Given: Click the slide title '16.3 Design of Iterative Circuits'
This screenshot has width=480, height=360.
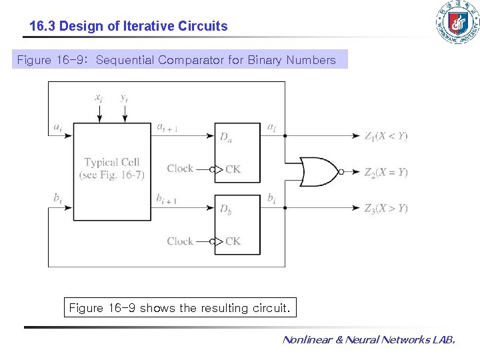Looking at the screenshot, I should (129, 27).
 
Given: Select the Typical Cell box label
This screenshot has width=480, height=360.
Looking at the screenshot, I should (111, 168).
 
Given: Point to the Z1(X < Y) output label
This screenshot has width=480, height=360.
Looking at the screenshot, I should (386, 136).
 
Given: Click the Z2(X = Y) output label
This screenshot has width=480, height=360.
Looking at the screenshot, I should (386, 172).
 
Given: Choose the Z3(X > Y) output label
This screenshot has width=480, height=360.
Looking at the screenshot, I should (386, 209).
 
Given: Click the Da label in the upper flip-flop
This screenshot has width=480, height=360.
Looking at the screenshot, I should (227, 137).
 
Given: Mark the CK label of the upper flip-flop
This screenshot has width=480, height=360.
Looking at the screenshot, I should (233, 169).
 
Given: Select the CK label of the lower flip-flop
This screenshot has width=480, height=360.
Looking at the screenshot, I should (233, 241).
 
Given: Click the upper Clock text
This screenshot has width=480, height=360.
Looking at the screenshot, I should (180, 169).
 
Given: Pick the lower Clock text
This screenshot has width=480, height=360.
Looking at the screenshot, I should (180, 241).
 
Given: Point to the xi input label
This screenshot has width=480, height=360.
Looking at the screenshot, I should (99, 98).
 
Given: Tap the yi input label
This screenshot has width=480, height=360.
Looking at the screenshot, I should (124, 98).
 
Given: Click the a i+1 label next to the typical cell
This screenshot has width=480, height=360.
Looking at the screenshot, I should (167, 127).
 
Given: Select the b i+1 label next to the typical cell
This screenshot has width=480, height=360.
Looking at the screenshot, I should (166, 199).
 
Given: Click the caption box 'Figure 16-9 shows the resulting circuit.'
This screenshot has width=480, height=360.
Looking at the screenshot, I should (180, 308).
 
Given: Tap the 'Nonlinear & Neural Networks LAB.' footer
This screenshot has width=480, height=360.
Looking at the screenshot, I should (369, 340).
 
